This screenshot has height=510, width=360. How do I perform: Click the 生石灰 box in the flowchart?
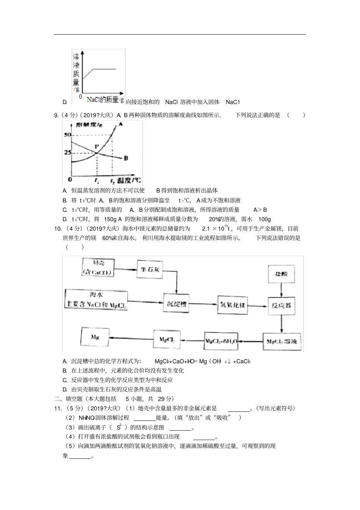point(151,270)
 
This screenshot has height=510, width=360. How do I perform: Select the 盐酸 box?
point(281,274)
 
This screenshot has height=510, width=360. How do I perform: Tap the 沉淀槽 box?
point(175,303)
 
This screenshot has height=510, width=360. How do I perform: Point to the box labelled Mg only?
point(95,337)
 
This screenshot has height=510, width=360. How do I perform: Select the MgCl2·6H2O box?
point(222,342)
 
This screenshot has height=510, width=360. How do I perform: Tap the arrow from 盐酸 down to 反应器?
point(281,290)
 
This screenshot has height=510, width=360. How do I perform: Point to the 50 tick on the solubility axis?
point(67,135)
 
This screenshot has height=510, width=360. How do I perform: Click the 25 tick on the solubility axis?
point(67,152)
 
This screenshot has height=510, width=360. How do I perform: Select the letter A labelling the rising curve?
point(120,124)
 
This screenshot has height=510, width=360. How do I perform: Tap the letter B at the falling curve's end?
point(126,158)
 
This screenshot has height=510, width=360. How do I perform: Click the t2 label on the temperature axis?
point(113,181)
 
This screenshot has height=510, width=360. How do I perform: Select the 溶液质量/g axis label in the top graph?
point(76,72)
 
